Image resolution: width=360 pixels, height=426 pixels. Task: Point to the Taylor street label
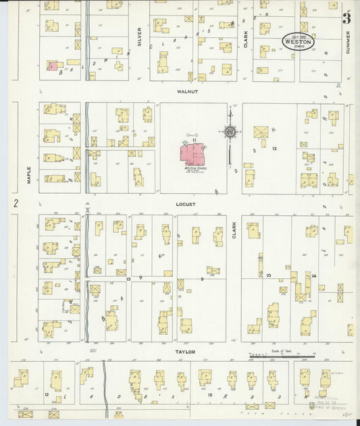pyautogui.click(x=186, y=352)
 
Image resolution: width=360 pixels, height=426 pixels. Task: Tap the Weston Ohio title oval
pyautogui.click(x=298, y=42)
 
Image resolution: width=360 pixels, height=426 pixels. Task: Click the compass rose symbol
pyautogui.click(x=230, y=131)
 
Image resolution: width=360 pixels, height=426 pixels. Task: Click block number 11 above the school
pyautogui.click(x=194, y=139)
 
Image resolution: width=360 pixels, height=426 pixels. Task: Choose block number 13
pyautogui.click(x=128, y=278)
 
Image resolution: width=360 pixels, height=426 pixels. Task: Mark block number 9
pyautogui.click(x=201, y=278)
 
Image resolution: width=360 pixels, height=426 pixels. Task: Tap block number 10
pyautogui.click(x=268, y=275)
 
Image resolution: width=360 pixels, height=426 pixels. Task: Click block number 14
pyautogui.click(x=314, y=275)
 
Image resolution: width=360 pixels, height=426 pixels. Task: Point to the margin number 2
pyautogui.click(x=14, y=203)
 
